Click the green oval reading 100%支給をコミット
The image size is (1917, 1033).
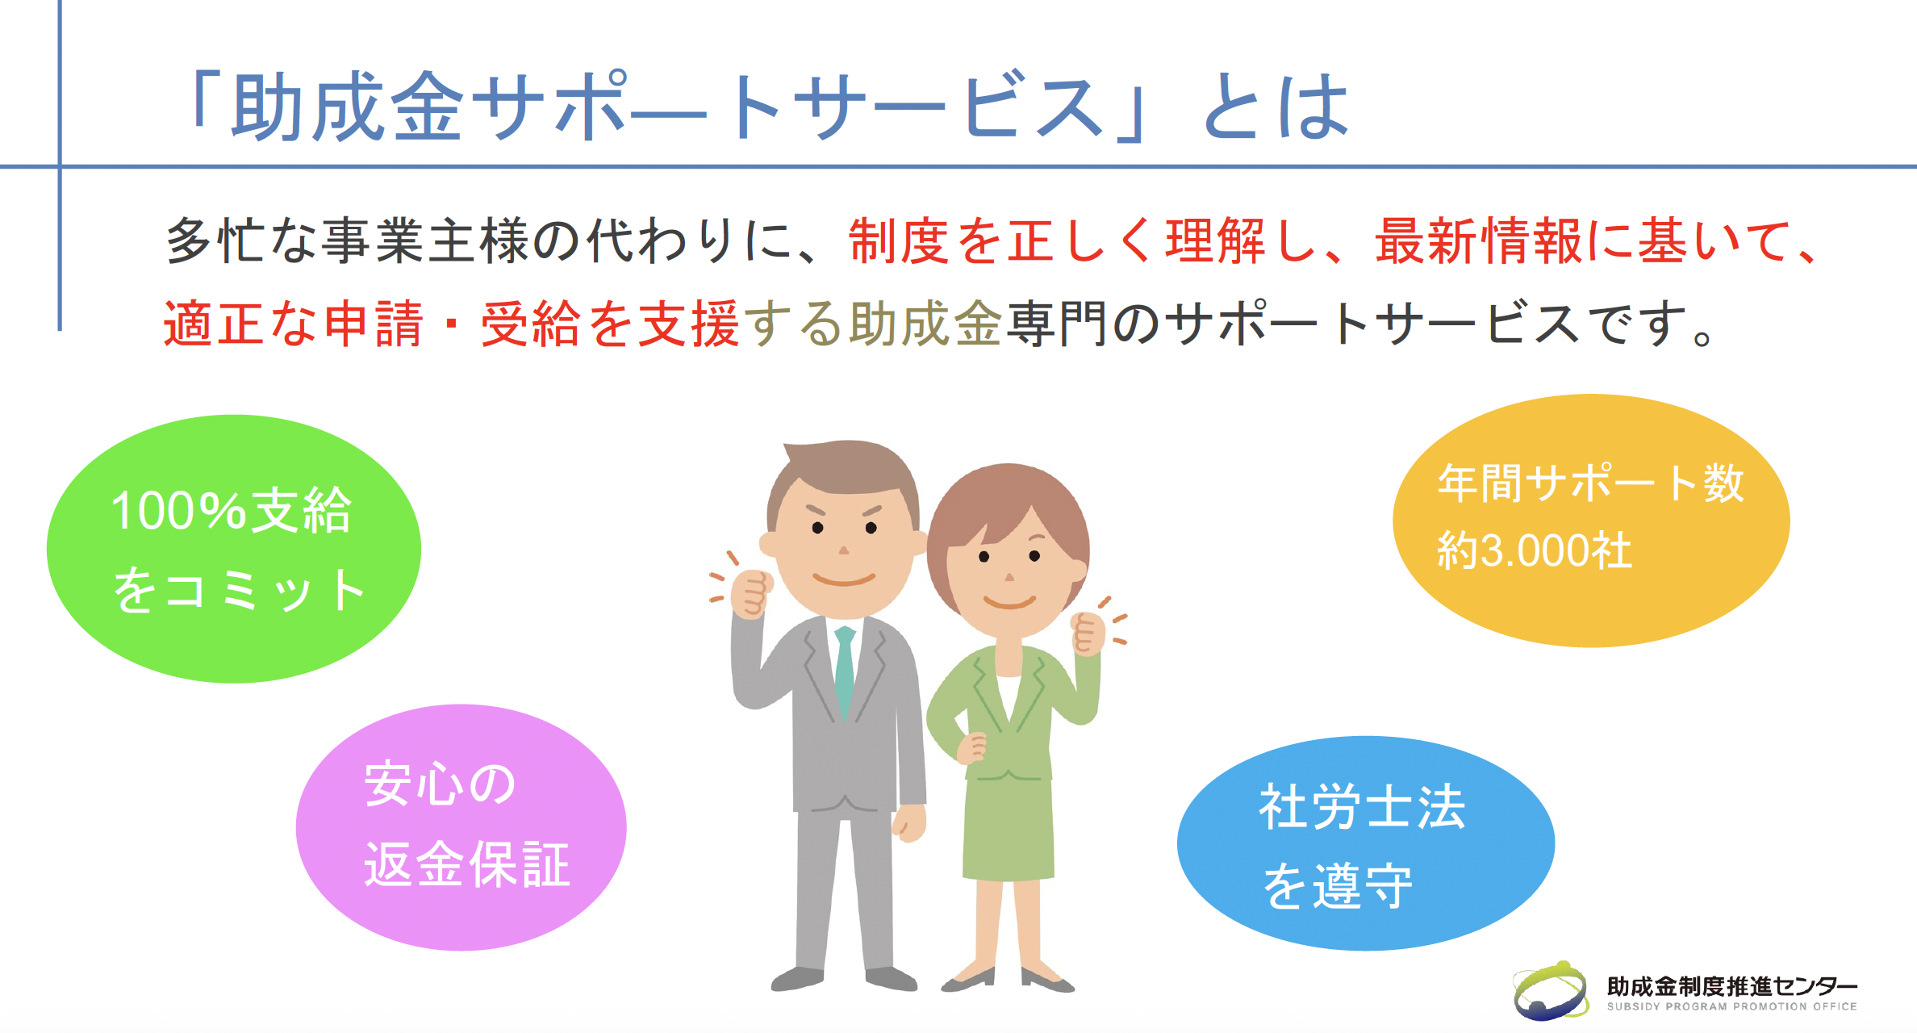[x=234, y=549]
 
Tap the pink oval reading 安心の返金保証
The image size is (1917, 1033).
[x=461, y=827]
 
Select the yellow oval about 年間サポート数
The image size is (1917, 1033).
[x=1591, y=521]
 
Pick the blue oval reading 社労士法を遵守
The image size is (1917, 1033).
[x=1366, y=843]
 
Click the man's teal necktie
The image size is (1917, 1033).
[x=845, y=670]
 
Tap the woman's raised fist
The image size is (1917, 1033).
[x=1088, y=634]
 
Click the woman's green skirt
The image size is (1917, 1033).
[x=1009, y=827]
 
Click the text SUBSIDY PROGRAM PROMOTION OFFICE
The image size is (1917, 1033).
[x=1731, y=1006]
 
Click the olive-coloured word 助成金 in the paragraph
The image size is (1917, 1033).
[x=926, y=323]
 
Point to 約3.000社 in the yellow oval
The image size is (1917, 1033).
[x=1535, y=551]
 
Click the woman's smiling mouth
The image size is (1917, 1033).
[x=1009, y=602]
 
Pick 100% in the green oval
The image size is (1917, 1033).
[x=177, y=511]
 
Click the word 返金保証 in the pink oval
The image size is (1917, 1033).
[x=466, y=865]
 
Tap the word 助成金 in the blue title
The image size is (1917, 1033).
[x=348, y=106]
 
